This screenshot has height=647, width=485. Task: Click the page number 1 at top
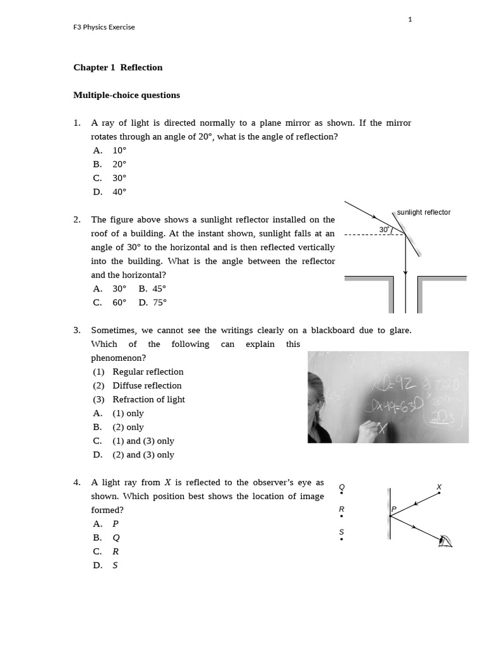coord(410,20)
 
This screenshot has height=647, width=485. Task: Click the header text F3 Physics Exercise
coord(104,27)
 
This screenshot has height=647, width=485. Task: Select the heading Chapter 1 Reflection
coord(117,68)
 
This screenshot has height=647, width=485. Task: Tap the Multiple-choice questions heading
coord(126,95)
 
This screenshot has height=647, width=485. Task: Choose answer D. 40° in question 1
coord(110,192)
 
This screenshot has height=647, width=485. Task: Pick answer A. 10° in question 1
coord(110,150)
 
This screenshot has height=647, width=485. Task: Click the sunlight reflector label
coord(423,212)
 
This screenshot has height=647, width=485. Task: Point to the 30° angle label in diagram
coord(384,229)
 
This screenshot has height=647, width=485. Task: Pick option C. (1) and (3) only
coord(133,441)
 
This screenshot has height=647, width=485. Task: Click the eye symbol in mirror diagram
coord(446,540)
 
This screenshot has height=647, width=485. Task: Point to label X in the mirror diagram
coord(440,487)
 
